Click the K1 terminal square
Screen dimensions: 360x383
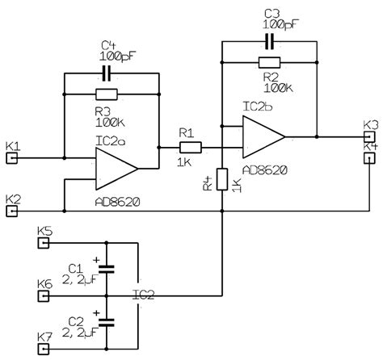click(x=12, y=158)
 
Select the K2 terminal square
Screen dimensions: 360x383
click(x=12, y=212)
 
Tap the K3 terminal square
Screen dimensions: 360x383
click(x=369, y=136)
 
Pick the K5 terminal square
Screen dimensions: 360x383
click(x=45, y=241)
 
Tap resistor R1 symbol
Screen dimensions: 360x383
click(x=190, y=147)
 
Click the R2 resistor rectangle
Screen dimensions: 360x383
click(x=269, y=62)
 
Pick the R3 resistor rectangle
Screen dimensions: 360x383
click(x=106, y=94)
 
